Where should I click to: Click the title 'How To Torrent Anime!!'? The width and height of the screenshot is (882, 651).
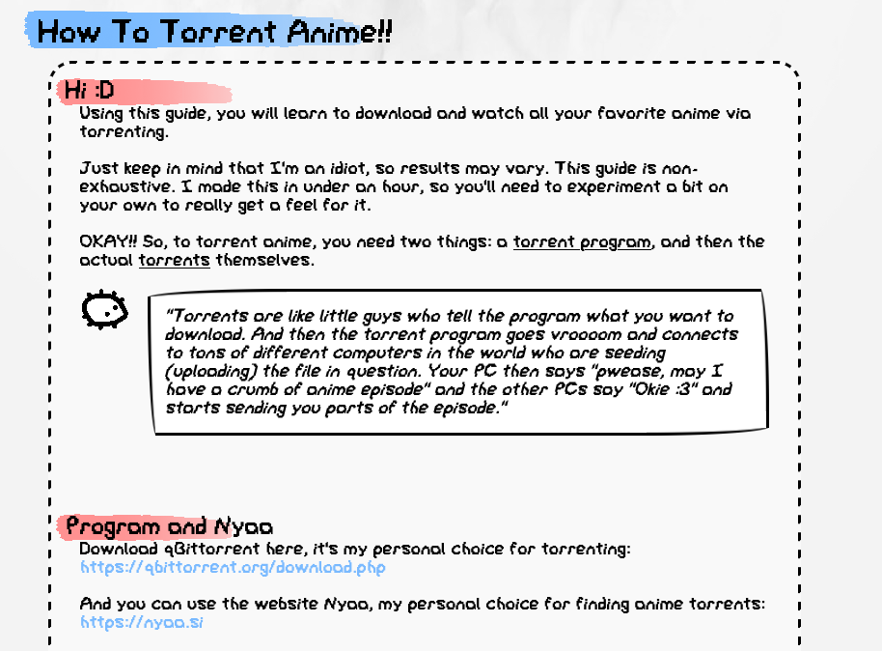214,32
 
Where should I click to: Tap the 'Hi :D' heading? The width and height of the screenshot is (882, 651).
90,90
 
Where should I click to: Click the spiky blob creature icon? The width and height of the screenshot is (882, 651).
104,309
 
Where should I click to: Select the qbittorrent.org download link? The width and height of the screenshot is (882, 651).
233,567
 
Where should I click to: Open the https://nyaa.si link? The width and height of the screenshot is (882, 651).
141,622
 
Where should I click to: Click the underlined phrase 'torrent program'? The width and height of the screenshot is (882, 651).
582,242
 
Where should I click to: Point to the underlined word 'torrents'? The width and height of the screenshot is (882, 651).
175,260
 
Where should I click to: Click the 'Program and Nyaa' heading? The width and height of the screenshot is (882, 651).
169,526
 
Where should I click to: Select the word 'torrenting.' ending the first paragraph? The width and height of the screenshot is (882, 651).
124,131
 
